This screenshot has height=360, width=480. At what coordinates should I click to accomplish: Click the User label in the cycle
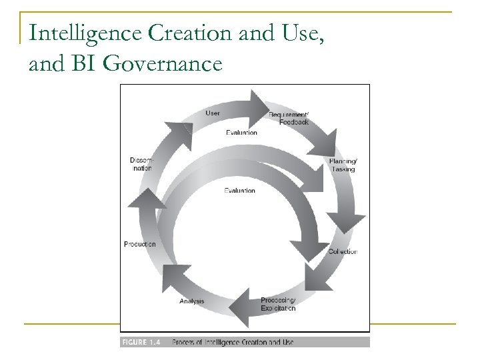point(213,113)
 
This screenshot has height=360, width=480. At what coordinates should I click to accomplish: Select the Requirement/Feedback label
point(288,119)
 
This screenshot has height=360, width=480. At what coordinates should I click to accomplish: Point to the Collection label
point(343,251)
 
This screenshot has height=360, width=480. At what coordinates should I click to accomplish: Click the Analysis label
point(192,301)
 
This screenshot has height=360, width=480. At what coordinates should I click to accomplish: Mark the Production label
point(140,244)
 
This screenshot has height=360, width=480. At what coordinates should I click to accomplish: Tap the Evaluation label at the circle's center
point(239,191)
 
